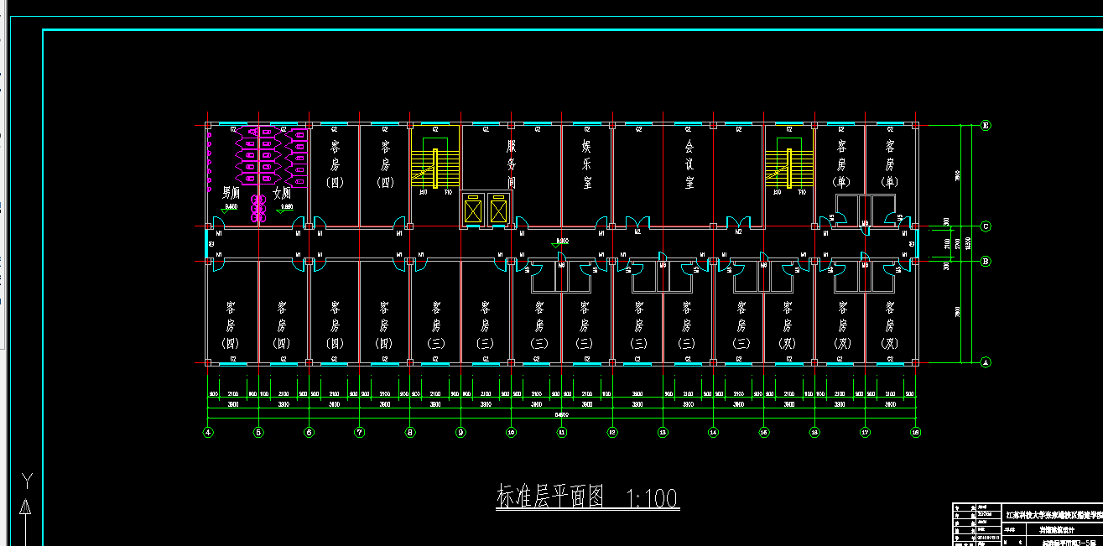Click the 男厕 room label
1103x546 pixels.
[x=231, y=192]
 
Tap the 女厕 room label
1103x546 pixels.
[x=281, y=192]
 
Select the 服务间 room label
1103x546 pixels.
[x=511, y=164]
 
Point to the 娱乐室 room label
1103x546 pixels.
[x=586, y=164]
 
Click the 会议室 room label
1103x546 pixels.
[x=689, y=164]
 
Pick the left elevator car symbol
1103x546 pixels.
[x=474, y=210]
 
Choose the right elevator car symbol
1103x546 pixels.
[x=498, y=210]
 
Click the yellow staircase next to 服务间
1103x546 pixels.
[x=434, y=169]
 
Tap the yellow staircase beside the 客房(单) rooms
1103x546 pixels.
[x=788, y=167]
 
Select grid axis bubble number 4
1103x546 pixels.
[x=208, y=433]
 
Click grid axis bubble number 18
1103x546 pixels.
[x=916, y=433]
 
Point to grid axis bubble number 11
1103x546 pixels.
[x=562, y=433]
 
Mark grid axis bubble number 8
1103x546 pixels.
[x=410, y=433]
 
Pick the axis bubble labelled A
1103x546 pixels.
[x=986, y=362]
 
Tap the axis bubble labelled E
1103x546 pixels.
[x=986, y=126]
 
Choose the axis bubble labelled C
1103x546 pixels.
[x=986, y=226]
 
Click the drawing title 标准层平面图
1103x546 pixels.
[x=550, y=497]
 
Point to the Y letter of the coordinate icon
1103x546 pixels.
[x=27, y=480]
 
